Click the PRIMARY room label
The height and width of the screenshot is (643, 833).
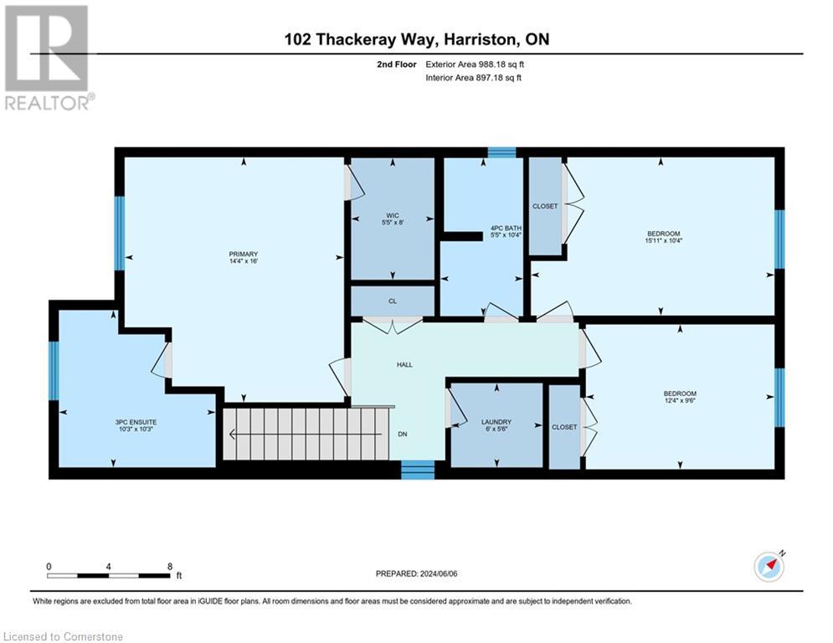tap(244, 255)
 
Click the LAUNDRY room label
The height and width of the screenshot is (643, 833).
tap(496, 422)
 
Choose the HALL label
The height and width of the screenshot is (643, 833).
tap(404, 364)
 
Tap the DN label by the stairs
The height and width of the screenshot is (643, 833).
tap(402, 435)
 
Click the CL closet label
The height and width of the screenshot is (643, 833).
tap(392, 301)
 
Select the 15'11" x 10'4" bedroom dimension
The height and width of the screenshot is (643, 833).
tap(663, 242)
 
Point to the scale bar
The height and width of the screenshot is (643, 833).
tap(109, 575)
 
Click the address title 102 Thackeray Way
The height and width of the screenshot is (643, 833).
tap(416, 39)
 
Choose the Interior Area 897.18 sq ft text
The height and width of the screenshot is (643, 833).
tap(474, 78)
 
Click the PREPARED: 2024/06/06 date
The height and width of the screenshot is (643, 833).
tap(416, 574)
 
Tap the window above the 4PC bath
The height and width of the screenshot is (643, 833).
tap(501, 152)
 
